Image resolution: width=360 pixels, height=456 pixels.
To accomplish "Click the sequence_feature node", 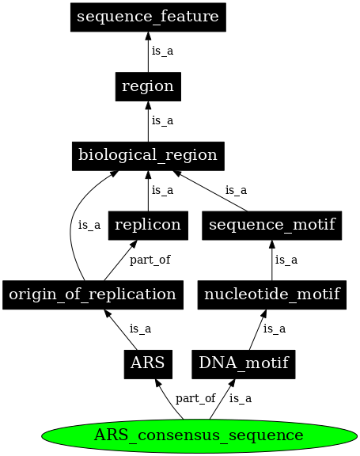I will (x=148, y=17).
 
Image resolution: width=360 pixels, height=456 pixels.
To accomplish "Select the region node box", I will (x=148, y=85).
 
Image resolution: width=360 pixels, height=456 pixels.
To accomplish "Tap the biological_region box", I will (x=148, y=155).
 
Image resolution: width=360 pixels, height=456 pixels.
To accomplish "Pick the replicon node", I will (x=148, y=225).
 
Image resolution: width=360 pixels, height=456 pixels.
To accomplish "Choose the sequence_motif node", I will (x=271, y=225).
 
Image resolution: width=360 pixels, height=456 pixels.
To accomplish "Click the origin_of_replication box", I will (x=93, y=294).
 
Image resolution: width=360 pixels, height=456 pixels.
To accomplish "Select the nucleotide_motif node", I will (x=271, y=294).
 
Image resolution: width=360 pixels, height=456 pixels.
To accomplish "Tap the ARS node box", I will (x=147, y=364).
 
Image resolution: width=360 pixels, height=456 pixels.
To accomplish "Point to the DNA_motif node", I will (x=244, y=364).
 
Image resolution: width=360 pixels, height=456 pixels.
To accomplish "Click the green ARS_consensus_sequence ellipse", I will (x=198, y=435).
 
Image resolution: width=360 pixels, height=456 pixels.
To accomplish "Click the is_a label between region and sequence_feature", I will (x=162, y=51).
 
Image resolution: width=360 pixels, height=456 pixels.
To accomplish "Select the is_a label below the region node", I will (x=162, y=121).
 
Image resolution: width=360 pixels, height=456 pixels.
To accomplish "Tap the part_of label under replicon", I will (x=150, y=260).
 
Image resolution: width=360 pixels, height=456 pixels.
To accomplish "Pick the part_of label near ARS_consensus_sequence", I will (x=195, y=399).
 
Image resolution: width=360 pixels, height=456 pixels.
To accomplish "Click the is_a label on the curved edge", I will (x=89, y=225).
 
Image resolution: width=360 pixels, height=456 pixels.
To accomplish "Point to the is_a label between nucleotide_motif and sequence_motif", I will (x=286, y=260).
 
